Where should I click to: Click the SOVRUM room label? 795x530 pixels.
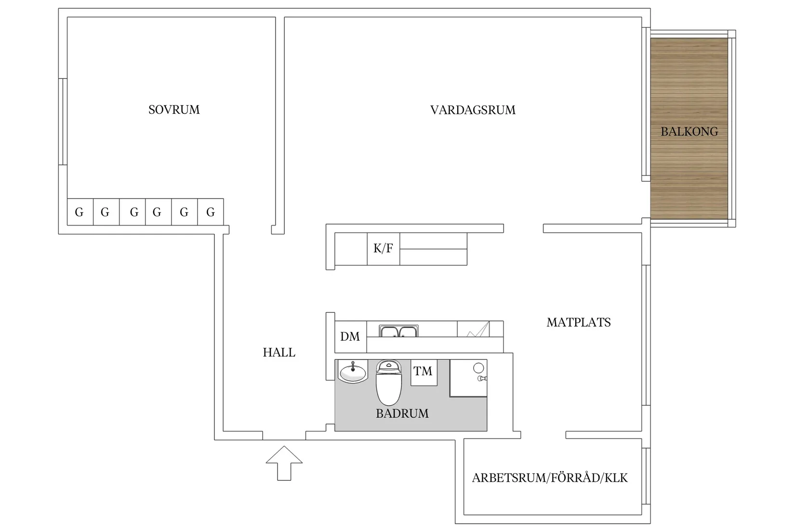(174, 110)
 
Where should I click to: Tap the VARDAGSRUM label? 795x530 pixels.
(472, 110)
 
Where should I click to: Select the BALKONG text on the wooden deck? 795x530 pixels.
(689, 132)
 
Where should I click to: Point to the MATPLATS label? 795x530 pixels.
(578, 322)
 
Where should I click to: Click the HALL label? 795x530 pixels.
(279, 353)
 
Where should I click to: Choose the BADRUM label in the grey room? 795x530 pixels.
(402, 413)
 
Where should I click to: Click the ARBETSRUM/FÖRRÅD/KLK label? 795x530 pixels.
(550, 478)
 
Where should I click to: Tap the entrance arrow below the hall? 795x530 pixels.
(284, 463)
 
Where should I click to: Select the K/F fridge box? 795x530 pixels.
(383, 249)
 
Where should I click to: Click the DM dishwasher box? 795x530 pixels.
(350, 337)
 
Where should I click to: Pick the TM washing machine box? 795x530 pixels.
(424, 371)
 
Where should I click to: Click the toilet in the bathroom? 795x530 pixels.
(389, 383)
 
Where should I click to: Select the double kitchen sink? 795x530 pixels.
(398, 331)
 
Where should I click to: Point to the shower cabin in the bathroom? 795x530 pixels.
(468, 378)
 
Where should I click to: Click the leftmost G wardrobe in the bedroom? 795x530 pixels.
(79, 212)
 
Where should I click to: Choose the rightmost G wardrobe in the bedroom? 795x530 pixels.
(211, 212)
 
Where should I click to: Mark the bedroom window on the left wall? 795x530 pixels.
(62, 121)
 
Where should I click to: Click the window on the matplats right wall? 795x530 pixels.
(646, 335)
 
